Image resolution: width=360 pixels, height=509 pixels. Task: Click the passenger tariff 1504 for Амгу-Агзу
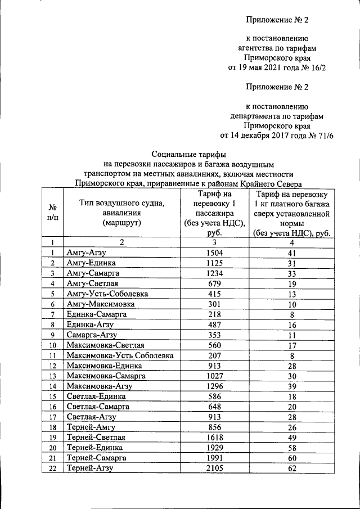click(214, 253)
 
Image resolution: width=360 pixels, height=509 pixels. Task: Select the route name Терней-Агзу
click(90, 468)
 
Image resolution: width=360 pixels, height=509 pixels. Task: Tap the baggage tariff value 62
click(291, 468)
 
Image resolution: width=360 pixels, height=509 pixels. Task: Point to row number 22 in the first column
click(52, 468)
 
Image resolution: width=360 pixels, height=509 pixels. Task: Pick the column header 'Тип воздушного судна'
click(114, 203)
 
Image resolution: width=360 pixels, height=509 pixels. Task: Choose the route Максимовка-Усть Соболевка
click(120, 355)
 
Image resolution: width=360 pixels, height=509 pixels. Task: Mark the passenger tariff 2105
click(214, 468)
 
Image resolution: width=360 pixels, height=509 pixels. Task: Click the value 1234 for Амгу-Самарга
click(214, 273)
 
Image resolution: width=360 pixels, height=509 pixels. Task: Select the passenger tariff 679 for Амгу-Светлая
click(214, 283)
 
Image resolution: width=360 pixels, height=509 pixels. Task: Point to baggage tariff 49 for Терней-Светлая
click(291, 437)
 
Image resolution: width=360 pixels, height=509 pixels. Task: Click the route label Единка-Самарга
click(96, 314)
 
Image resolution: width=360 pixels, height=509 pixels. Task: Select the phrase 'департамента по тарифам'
click(277, 115)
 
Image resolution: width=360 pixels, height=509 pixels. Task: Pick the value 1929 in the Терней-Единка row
click(214, 448)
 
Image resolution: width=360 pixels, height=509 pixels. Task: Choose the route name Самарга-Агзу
click(92, 335)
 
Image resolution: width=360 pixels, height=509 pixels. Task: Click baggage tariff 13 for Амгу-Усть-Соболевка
click(291, 294)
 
